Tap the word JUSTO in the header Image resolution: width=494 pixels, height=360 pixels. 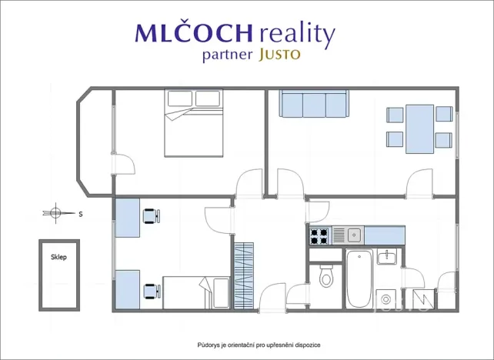pyautogui.click(x=279, y=55)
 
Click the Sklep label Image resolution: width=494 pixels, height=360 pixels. pyautogui.click(x=59, y=257)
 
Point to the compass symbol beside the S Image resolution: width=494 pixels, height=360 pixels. pyautogui.click(x=56, y=213)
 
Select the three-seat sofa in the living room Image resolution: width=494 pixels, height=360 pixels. pyautogui.click(x=314, y=104)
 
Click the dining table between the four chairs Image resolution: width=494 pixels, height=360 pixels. pyautogui.click(x=419, y=129)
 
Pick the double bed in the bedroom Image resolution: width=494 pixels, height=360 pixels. pyautogui.click(x=193, y=123)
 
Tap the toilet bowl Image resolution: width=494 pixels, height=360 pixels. pyautogui.click(x=326, y=276)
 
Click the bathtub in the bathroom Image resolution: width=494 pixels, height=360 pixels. pyautogui.click(x=359, y=278)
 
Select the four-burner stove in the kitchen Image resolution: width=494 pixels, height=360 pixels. pyautogui.click(x=319, y=236)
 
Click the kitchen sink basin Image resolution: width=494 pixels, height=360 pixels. pyautogui.click(x=355, y=235)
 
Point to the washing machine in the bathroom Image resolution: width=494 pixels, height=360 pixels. pyautogui.click(x=386, y=299)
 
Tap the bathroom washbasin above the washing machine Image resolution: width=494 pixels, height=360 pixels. pyautogui.click(x=387, y=256)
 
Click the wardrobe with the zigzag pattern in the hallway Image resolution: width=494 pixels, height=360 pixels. pyautogui.click(x=244, y=275)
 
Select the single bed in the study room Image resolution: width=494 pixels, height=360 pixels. pyautogui.click(x=196, y=292)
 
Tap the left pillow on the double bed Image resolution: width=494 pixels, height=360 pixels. pyautogui.click(x=180, y=98)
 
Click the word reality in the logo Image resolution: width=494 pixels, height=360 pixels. pyautogui.click(x=297, y=33)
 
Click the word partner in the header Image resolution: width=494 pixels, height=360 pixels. pyautogui.click(x=228, y=55)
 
